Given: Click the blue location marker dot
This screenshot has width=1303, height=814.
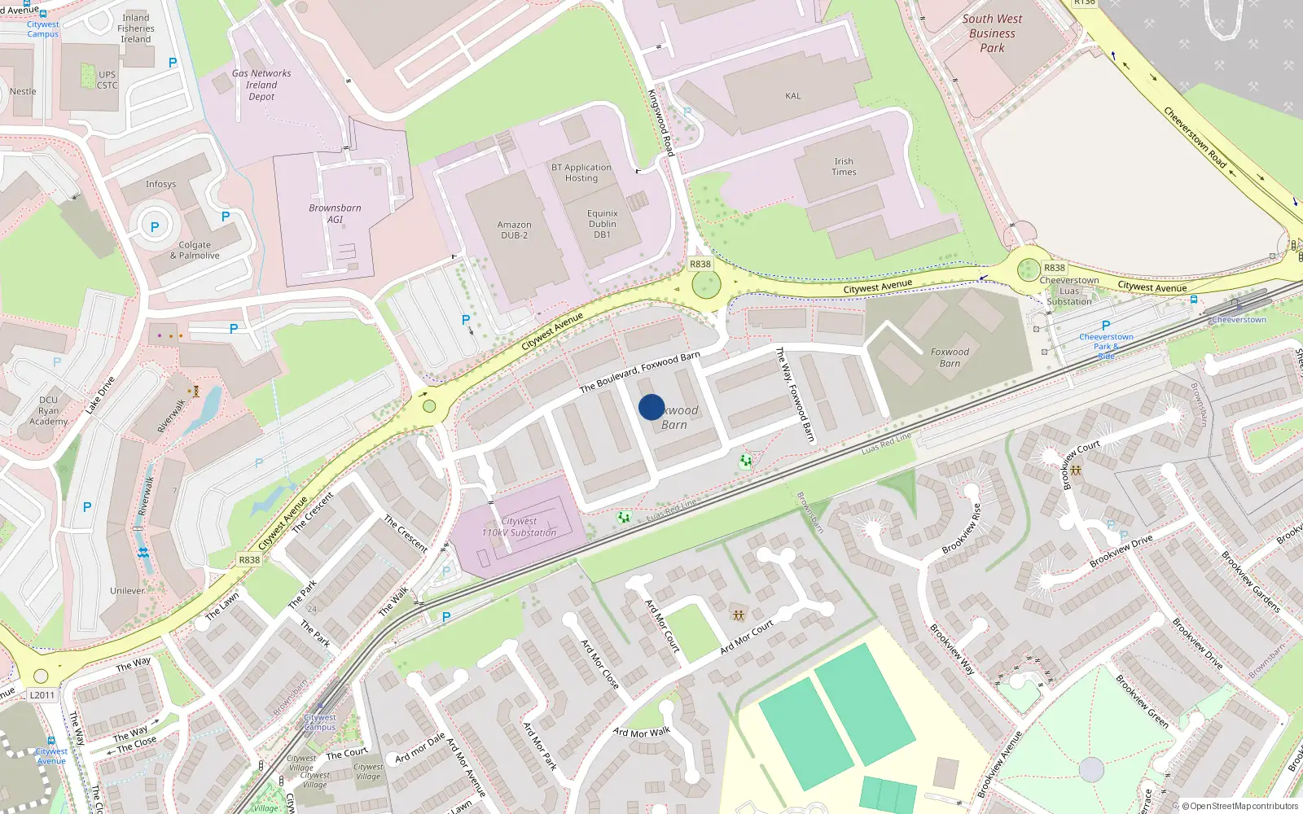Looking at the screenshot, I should click(x=651, y=407).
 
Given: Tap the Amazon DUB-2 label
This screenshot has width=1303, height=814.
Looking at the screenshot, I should click(x=514, y=230).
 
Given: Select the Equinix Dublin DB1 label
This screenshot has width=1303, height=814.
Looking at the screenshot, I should click(x=602, y=224).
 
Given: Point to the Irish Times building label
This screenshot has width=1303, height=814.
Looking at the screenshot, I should click(x=844, y=167).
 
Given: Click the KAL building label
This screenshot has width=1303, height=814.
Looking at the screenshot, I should click(x=792, y=96).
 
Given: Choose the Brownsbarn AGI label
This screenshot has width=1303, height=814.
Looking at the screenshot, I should click(x=335, y=213).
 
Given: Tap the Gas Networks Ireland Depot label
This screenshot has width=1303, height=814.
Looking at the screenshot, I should click(x=261, y=85).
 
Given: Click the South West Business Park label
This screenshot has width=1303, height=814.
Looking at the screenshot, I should click(x=992, y=33).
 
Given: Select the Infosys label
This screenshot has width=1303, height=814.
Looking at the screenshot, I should click(x=160, y=184).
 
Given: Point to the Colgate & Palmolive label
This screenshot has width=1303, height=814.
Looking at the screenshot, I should click(x=195, y=250).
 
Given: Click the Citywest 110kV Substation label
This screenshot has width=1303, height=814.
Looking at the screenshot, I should click(x=519, y=527).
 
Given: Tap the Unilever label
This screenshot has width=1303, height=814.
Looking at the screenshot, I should click(x=127, y=591).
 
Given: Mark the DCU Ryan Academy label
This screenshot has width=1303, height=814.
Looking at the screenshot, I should click(x=49, y=410).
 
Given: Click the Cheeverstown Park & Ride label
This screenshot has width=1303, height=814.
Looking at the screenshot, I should click(x=1106, y=345).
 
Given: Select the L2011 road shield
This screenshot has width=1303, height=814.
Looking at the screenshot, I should click(x=42, y=695).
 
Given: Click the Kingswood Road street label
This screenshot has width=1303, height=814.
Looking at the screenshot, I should click(x=660, y=122).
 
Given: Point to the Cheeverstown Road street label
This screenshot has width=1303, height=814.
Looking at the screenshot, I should click(x=1195, y=138).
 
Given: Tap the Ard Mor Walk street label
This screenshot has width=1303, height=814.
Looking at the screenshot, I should click(x=641, y=733).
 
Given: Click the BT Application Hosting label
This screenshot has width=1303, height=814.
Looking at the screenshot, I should click(x=581, y=173).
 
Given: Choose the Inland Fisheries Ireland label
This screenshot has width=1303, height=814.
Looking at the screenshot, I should click(x=136, y=28).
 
